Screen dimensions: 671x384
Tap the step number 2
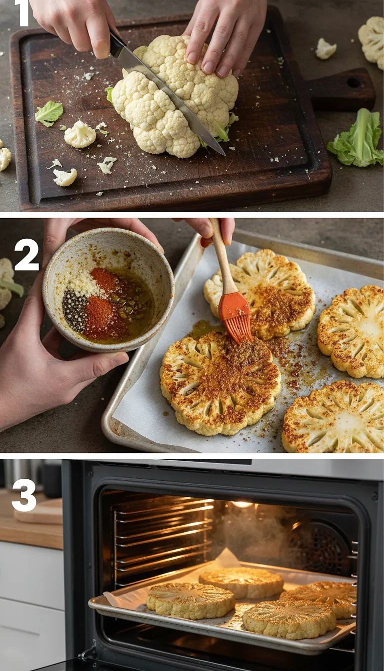click(26, 255)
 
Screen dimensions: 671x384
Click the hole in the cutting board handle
click(354, 83)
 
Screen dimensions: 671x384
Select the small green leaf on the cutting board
click(48, 113)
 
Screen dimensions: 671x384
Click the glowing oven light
click(242, 504)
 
